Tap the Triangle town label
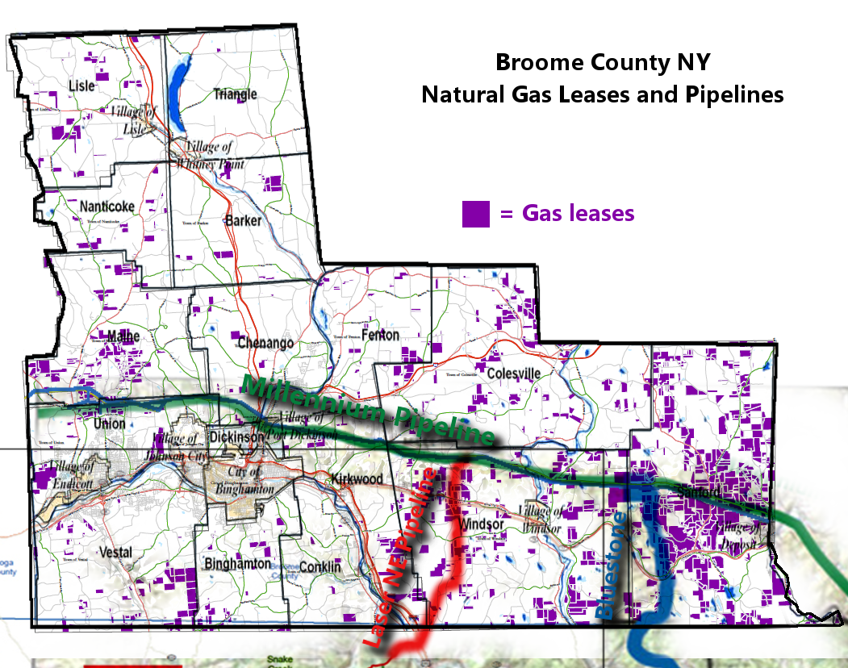pyautogui.click(x=236, y=94)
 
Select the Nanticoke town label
pyautogui.click(x=107, y=207)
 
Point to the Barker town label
pyautogui.click(x=244, y=220)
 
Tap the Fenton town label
pyautogui.click(x=380, y=334)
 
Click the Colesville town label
pyautogui.click(x=513, y=374)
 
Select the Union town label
pyautogui.click(x=110, y=423)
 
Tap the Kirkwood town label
pyautogui.click(x=357, y=479)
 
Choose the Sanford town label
pyautogui.click(x=698, y=491)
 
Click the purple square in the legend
pyautogui.click(x=475, y=214)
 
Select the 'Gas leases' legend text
pyautogui.click(x=578, y=213)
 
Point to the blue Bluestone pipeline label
pyautogui.click(x=611, y=565)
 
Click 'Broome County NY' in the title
pyautogui.click(x=603, y=62)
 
